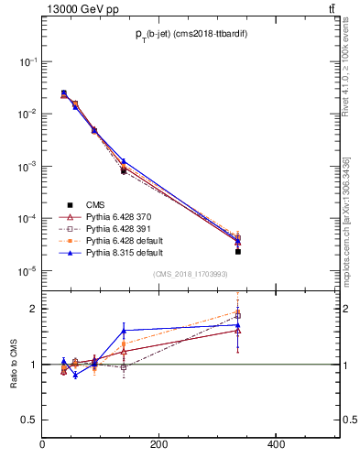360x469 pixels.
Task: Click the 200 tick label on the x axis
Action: click(x=158, y=445)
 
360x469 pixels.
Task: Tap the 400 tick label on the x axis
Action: click(x=275, y=445)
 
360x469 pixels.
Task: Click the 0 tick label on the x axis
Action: click(x=43, y=445)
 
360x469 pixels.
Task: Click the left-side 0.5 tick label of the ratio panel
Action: click(x=29, y=420)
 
